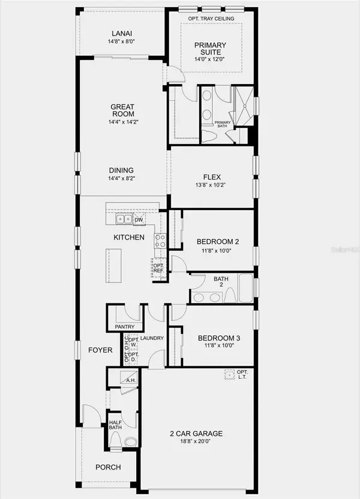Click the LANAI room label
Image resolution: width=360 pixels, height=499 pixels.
122,33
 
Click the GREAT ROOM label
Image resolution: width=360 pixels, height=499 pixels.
122,110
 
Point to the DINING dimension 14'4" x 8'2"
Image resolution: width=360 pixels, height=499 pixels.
122,178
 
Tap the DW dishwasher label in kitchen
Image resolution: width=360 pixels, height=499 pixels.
139,220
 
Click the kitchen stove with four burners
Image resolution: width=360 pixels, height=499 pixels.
161,241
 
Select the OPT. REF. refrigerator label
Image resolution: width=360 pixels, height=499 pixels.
158,268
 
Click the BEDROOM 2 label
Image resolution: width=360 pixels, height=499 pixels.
218,241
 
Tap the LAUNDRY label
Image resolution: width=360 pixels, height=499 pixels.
152,338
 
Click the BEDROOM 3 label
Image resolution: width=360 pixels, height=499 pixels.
219,339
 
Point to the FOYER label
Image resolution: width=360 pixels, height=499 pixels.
100,350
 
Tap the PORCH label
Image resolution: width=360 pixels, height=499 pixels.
108,467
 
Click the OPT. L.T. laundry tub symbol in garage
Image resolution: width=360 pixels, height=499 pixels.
228,374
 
